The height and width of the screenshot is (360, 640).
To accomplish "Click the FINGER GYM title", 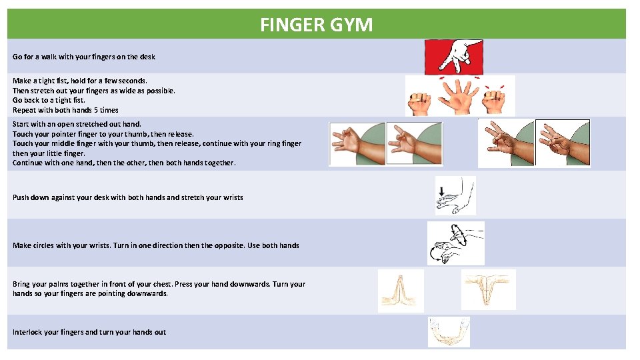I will click(x=316, y=25).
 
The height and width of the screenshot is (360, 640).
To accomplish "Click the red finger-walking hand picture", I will click(x=454, y=57).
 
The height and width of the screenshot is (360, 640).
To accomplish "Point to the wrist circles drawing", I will click(x=455, y=243).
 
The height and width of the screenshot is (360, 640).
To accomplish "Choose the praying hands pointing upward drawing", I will click(x=401, y=291).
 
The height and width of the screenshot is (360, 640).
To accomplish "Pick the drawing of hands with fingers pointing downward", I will click(x=488, y=289).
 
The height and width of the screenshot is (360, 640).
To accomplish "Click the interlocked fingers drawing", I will click(x=449, y=332).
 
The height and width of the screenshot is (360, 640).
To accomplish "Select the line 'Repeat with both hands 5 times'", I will click(x=65, y=110).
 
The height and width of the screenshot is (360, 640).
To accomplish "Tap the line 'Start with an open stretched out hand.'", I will click(x=77, y=124).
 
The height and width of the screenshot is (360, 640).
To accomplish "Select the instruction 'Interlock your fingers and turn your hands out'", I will click(x=89, y=332).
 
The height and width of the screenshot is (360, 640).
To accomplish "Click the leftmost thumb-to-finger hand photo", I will click(x=358, y=143).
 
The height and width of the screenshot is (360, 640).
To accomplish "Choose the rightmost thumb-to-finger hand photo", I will click(x=563, y=143).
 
